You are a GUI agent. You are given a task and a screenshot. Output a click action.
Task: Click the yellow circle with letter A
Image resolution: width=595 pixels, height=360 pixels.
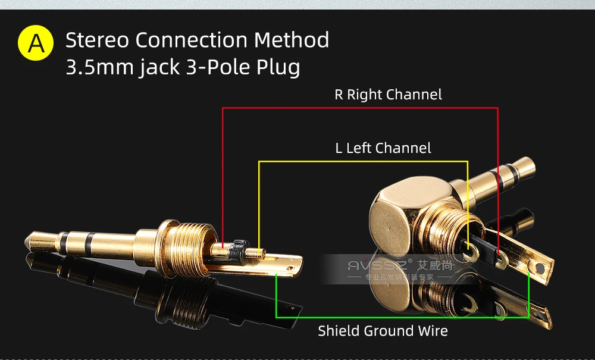(36, 42)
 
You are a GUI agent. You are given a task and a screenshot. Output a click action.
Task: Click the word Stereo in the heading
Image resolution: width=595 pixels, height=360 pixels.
(98, 40)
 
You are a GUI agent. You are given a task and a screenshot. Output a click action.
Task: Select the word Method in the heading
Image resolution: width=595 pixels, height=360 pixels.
(292, 40)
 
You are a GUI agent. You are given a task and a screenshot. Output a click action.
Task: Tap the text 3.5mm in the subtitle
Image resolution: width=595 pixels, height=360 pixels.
(99, 67)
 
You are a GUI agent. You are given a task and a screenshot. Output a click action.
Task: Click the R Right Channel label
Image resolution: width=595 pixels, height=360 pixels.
(388, 95)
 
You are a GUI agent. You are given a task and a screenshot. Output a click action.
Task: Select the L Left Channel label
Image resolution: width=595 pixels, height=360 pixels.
(383, 148)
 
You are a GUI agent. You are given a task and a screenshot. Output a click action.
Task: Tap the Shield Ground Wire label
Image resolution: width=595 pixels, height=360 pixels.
(383, 331)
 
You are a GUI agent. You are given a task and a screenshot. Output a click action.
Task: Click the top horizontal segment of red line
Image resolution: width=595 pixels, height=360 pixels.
(359, 108)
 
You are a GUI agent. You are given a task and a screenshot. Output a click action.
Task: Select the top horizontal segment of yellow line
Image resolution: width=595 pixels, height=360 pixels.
(363, 161)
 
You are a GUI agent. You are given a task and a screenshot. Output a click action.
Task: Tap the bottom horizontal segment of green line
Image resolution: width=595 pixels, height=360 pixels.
(402, 318)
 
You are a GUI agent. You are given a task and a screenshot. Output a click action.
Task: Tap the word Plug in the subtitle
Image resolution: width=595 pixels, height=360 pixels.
(278, 67)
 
